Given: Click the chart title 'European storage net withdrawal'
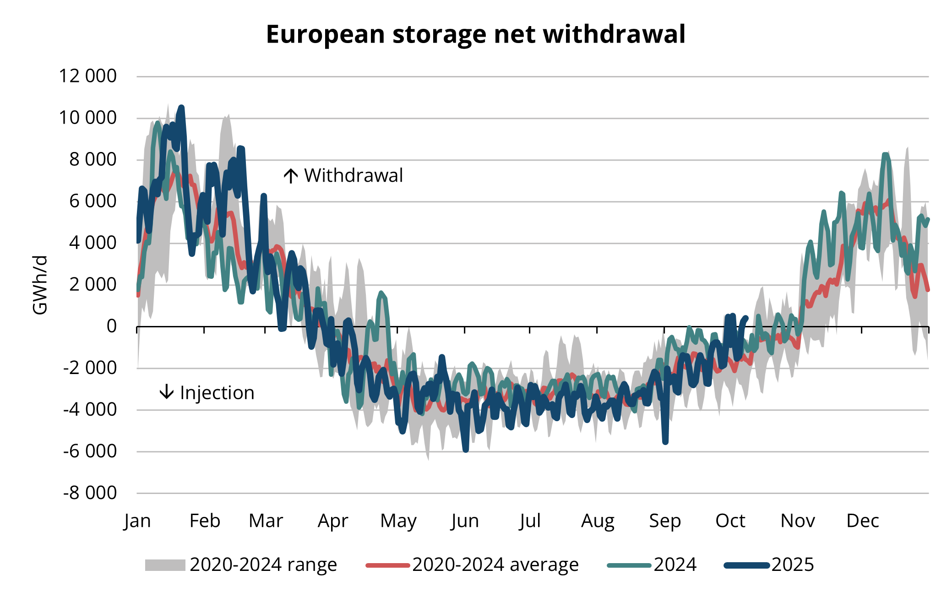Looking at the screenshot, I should [x=475, y=34].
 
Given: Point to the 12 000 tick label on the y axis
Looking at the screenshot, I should [x=87, y=76].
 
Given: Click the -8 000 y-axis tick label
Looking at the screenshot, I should [x=90, y=493].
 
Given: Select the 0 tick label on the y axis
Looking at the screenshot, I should [x=111, y=326].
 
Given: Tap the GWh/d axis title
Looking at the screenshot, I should [x=40, y=285].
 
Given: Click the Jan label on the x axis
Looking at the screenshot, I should [x=137, y=521].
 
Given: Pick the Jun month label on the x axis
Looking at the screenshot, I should [x=465, y=521].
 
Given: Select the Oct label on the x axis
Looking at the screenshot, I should [x=730, y=521].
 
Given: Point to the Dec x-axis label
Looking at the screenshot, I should [x=862, y=521].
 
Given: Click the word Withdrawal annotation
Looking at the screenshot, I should [x=354, y=176].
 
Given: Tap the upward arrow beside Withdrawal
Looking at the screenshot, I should [x=291, y=176].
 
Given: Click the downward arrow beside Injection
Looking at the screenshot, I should [x=167, y=392].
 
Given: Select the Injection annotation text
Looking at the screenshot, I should [x=217, y=393].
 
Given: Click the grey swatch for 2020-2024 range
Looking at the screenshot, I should [x=165, y=565].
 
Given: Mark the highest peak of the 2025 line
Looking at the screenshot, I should [x=181, y=108].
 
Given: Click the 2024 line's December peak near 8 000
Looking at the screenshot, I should [x=886, y=155].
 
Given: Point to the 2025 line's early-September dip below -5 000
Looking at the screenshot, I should [x=665, y=442].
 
